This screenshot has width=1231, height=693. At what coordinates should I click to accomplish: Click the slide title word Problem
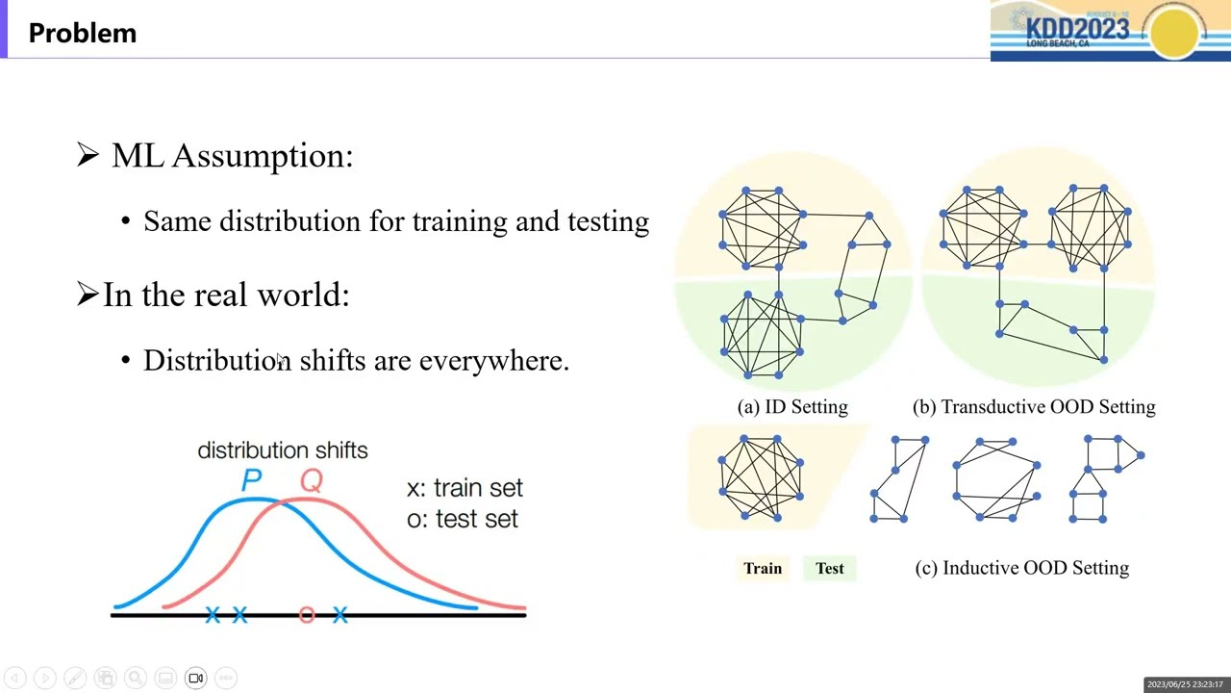click(x=83, y=33)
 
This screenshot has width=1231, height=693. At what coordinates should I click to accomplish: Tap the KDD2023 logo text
click(x=1077, y=28)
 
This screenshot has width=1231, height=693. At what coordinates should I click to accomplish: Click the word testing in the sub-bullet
click(x=608, y=221)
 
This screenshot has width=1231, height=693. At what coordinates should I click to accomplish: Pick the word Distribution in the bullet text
click(x=216, y=360)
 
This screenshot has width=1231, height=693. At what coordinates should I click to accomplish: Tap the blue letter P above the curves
click(x=251, y=480)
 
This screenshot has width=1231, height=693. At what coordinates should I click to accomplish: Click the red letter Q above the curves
click(x=311, y=480)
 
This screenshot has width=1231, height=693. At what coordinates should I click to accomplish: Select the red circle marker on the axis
click(x=307, y=614)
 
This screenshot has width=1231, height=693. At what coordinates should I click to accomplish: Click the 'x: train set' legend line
click(x=465, y=488)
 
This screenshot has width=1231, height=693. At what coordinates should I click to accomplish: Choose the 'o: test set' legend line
click(x=462, y=519)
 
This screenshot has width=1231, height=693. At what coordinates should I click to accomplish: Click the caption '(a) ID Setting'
click(x=792, y=407)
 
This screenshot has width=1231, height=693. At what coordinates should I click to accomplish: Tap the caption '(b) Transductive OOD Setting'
click(x=1034, y=407)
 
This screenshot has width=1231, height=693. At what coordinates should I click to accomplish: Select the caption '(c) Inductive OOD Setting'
click(x=1021, y=568)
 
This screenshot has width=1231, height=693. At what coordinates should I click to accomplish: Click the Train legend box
click(x=763, y=569)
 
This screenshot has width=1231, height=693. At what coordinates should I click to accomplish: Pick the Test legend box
click(x=830, y=569)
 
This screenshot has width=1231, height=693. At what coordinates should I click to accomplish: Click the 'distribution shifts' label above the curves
click(x=283, y=450)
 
